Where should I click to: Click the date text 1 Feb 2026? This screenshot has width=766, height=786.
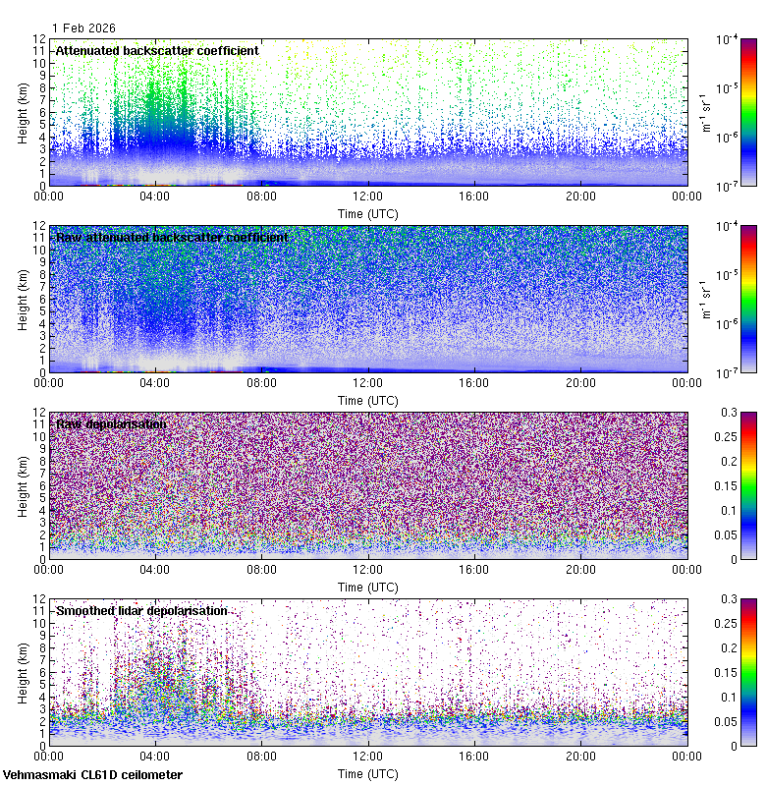point(84,28)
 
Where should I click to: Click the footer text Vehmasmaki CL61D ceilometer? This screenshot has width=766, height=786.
point(92,775)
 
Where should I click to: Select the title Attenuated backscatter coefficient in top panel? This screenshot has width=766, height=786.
point(157,50)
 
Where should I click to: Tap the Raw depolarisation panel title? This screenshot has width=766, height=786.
point(110,423)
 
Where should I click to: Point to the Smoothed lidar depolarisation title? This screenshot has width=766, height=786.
point(141,610)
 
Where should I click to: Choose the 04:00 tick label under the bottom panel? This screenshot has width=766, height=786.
point(155,757)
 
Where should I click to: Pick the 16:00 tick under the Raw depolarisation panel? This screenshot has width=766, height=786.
point(474,570)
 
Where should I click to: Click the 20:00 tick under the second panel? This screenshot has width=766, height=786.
point(580,383)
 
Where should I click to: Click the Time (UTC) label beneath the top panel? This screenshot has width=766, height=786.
point(368,213)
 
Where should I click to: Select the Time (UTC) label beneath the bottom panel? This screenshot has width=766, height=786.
point(368,773)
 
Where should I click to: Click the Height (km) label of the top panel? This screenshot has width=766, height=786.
point(23,112)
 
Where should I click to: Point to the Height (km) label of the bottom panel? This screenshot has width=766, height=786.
point(23,672)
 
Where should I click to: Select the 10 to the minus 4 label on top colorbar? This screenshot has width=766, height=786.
point(728,41)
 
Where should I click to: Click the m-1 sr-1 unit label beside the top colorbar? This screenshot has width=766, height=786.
point(705,112)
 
